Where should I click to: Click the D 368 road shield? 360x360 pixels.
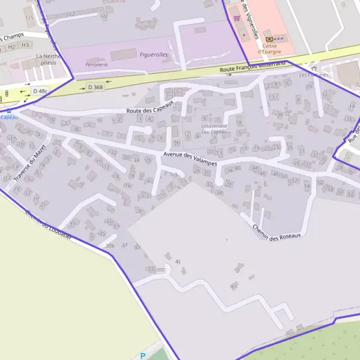click(95, 87)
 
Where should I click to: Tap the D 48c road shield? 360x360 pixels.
click(40, 91)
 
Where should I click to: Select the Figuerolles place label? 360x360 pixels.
click(153, 55)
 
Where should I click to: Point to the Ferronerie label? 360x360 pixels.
click(97, 64)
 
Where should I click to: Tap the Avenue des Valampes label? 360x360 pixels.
click(189, 157)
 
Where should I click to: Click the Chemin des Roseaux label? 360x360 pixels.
click(275, 230)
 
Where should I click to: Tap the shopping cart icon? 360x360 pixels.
click(237, 18)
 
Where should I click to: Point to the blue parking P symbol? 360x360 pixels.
click(142, 355)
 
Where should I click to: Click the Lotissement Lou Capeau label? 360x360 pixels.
click(214, 129)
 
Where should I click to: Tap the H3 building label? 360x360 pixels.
click(25, 45)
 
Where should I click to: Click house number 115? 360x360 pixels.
click(29, 17)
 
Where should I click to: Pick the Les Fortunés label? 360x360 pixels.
click(313, 75)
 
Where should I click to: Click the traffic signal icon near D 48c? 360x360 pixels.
click(7, 94)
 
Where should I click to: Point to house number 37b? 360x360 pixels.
click(110, 246)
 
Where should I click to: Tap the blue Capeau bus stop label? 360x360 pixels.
click(9, 118)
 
